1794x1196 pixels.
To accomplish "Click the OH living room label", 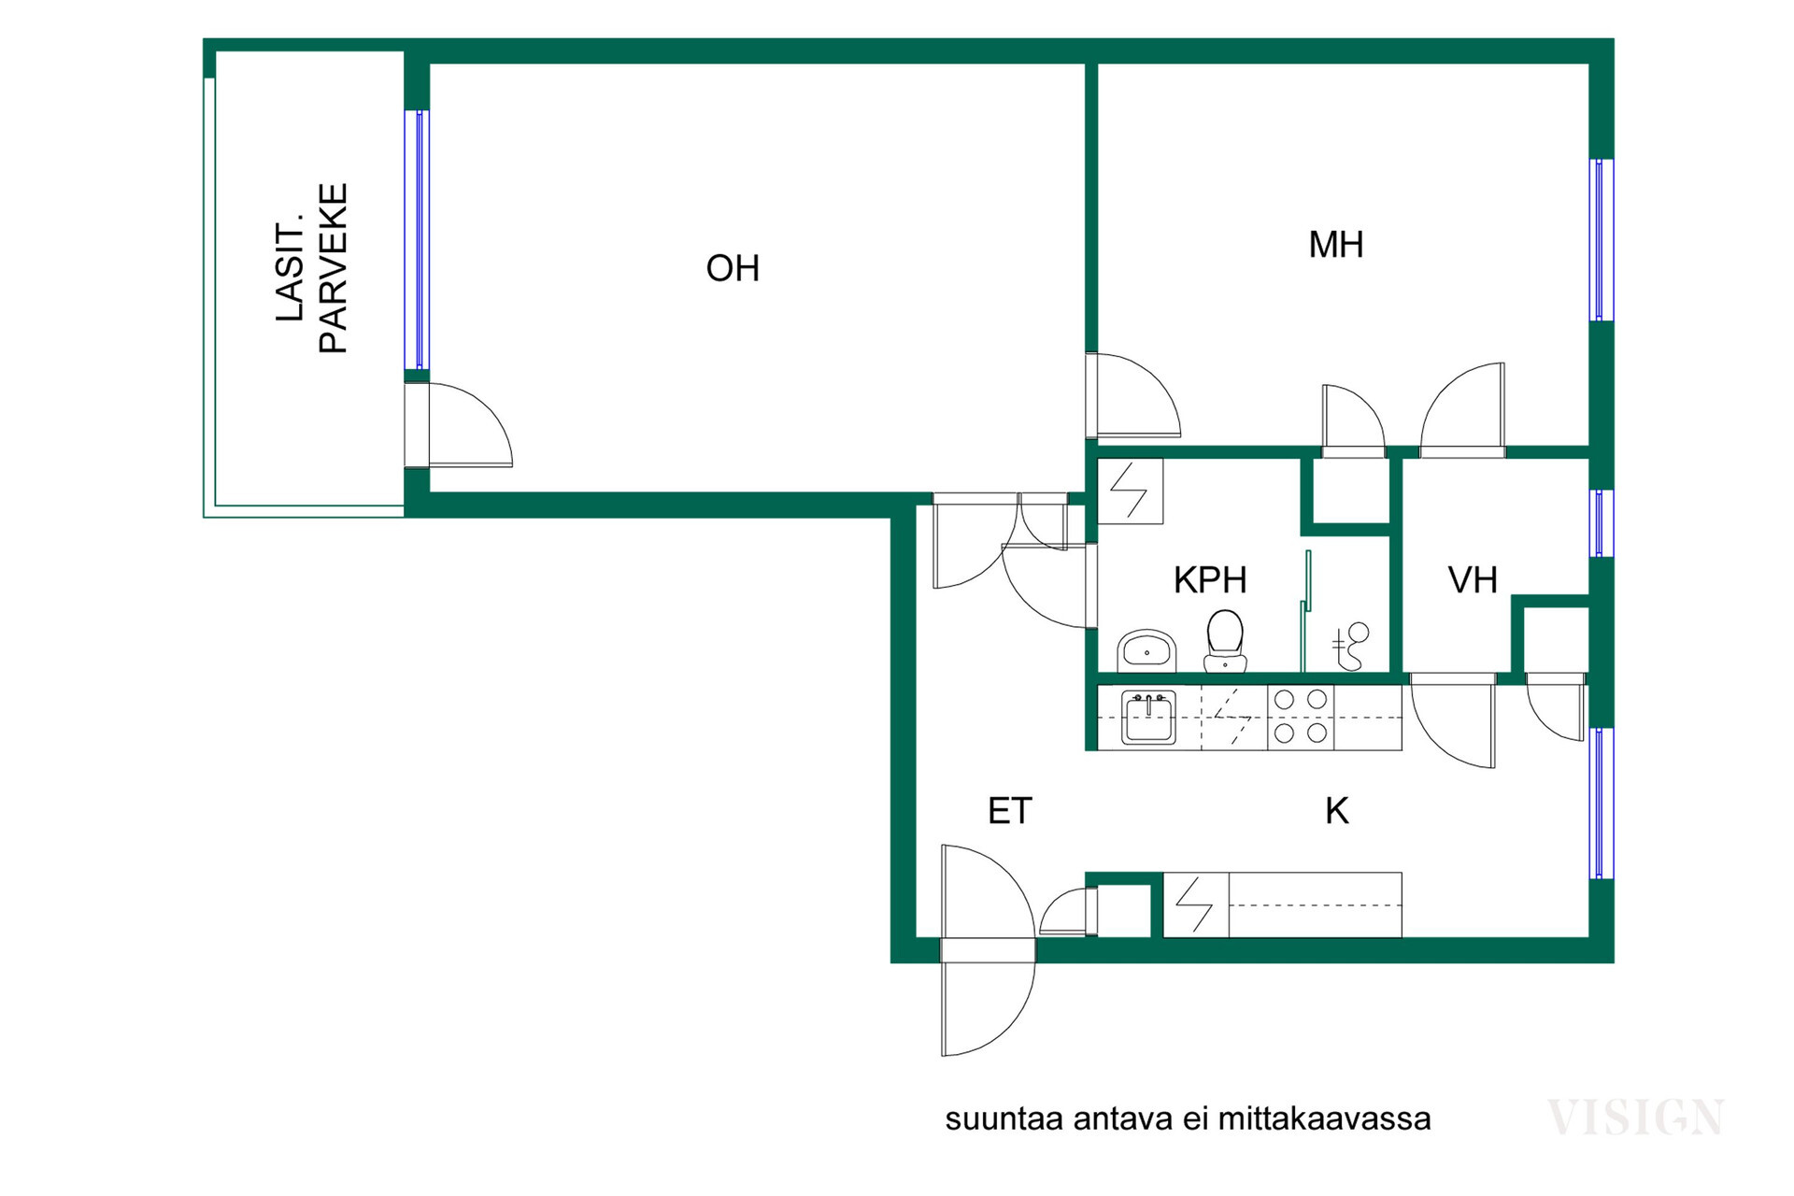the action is (733, 269).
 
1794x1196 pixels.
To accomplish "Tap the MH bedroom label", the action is (1336, 245).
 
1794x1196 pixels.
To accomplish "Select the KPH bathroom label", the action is (1210, 580).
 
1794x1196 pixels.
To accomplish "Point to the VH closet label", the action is (1473, 580).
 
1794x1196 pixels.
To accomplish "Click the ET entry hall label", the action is (1010, 811).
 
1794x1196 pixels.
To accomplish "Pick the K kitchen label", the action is (1337, 811).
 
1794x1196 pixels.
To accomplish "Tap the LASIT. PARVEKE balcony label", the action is (311, 268).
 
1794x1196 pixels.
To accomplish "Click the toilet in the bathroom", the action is (1225, 641).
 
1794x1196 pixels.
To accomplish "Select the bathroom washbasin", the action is (1146, 650).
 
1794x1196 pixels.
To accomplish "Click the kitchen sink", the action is (1148, 718).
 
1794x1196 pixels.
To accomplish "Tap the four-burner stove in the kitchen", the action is (1301, 717).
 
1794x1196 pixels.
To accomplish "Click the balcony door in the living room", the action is (458, 426).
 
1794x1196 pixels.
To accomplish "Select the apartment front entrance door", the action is (988, 950).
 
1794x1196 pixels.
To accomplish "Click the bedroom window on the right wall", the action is (1602, 240).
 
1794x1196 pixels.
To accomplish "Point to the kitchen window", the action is (1602, 804).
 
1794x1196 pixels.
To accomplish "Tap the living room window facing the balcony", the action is (418, 240).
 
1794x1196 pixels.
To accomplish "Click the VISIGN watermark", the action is (1635, 1118).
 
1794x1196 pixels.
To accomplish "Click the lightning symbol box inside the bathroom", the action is (1131, 491).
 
